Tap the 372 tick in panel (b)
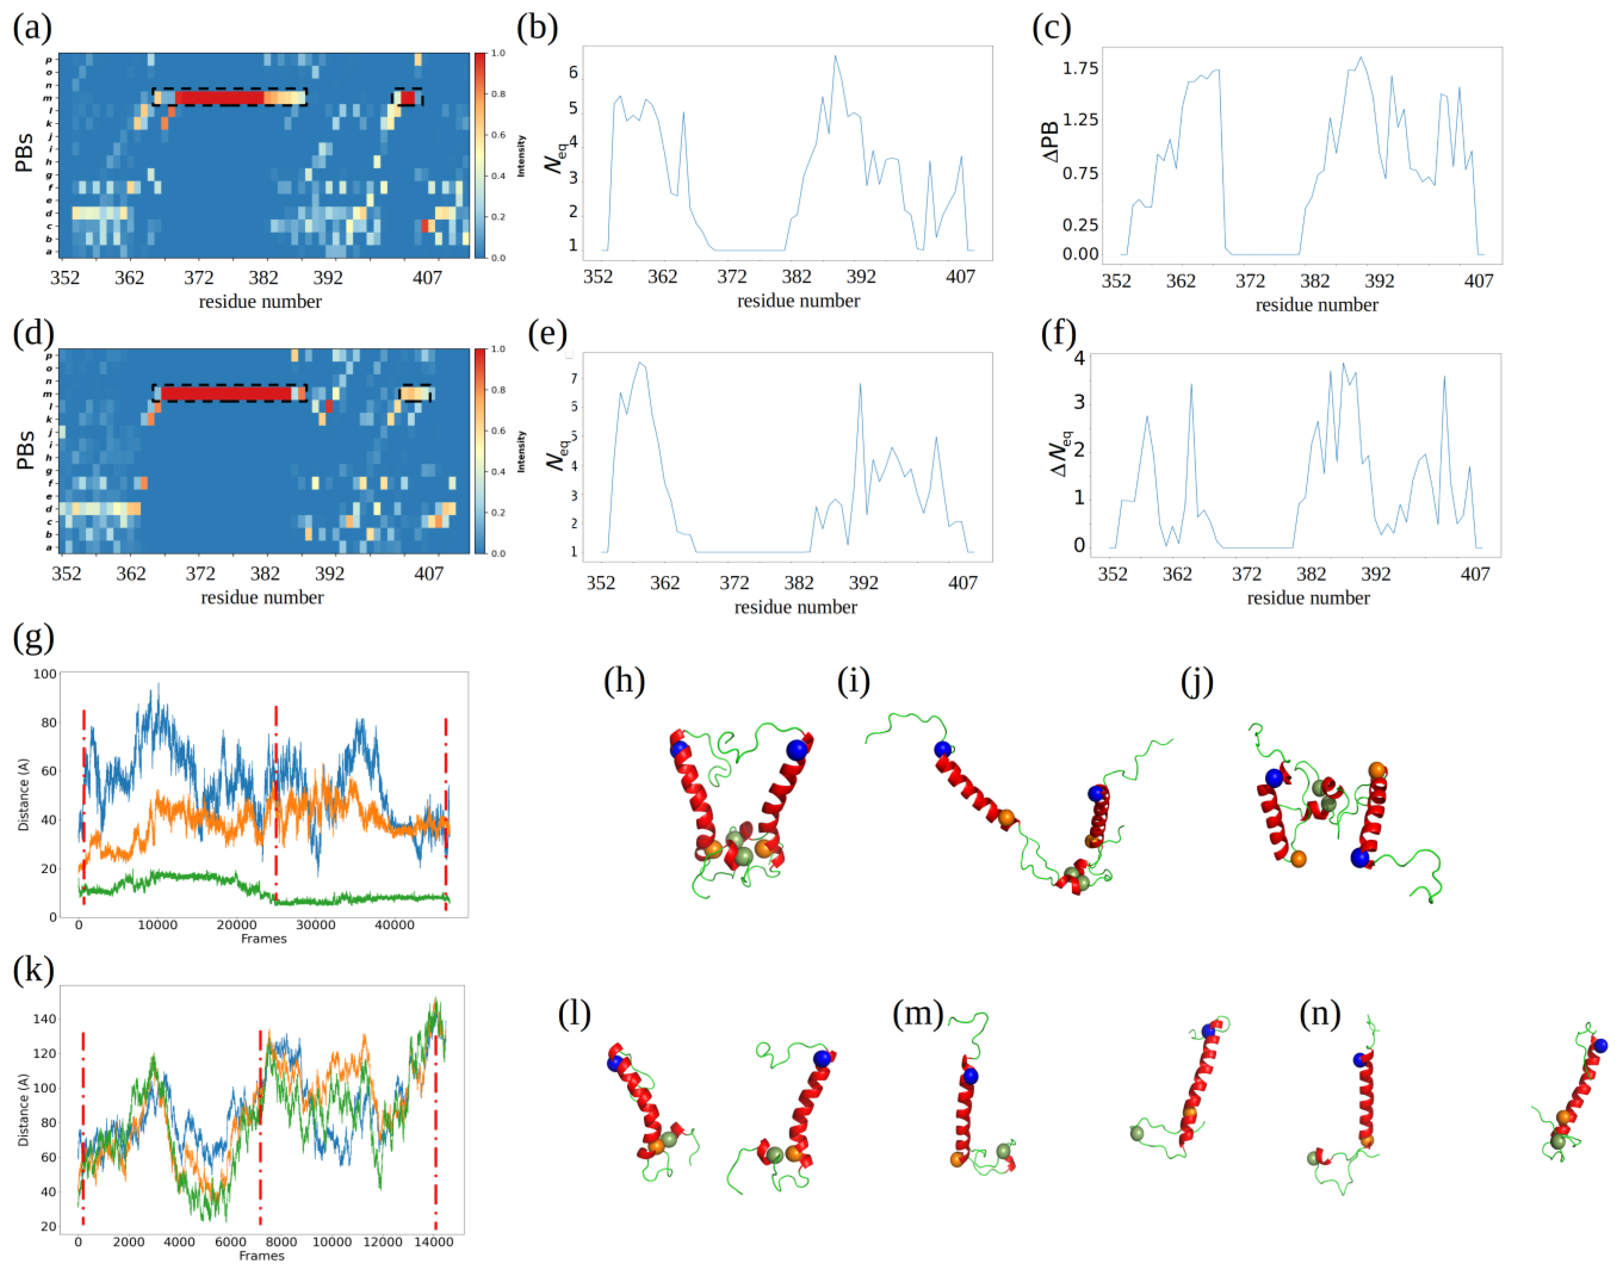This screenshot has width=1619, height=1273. coord(731,276)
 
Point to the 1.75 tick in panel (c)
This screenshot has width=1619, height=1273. coord(1080,69)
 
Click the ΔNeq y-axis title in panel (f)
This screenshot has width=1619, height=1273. coord(1059,453)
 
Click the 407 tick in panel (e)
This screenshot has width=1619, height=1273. coord(962,583)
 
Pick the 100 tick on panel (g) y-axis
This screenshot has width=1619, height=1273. coord(45,674)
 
